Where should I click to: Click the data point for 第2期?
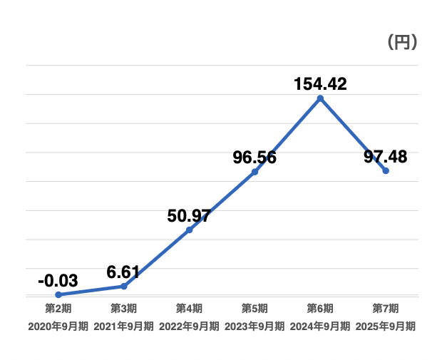point(58,294)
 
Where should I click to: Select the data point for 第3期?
point(124,286)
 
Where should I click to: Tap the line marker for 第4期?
point(189,230)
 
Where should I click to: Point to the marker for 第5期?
point(255,172)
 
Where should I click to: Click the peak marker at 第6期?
point(320,98)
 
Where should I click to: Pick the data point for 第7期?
point(386,171)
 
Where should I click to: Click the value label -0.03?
point(57,280)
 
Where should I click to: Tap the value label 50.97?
point(189,215)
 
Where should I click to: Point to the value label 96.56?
point(255,158)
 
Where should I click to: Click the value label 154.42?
point(320,83)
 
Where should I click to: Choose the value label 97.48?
point(386,157)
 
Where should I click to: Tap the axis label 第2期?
point(58,309)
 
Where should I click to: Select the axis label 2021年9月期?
point(124,326)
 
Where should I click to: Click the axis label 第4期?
point(189,309)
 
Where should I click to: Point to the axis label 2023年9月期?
point(255,326)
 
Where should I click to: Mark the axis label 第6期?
point(320,309)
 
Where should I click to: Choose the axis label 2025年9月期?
point(386,326)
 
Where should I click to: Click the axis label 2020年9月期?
point(58,326)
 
